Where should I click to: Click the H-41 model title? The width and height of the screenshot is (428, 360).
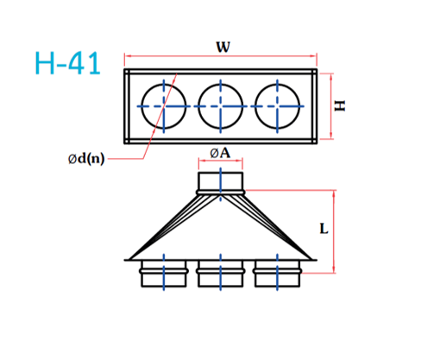coord(67,63)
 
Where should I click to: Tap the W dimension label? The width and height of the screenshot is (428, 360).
coord(223,47)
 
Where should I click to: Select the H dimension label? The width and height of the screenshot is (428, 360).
coord(340,105)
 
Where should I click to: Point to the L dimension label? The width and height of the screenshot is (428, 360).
coord(324,229)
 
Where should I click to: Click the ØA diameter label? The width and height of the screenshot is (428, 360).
coord(220,153)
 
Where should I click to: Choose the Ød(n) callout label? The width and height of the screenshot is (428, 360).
coord(86,159)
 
